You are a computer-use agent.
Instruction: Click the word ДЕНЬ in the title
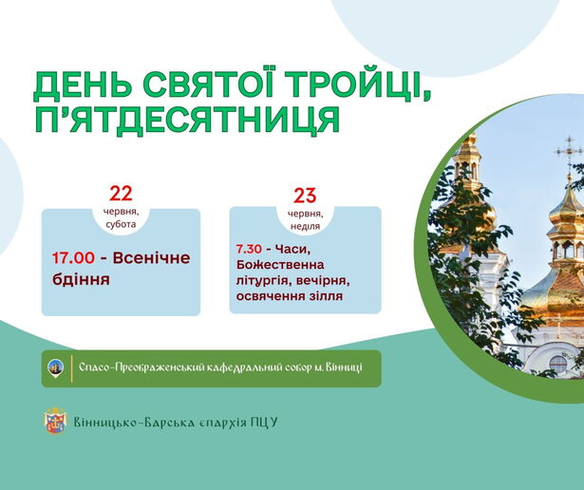pos(83,86)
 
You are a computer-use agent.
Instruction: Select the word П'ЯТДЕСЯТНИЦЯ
pos(187,119)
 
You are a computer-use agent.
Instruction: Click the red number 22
pos(121,194)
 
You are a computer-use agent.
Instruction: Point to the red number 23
pos(305,196)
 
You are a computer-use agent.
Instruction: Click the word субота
pos(121,224)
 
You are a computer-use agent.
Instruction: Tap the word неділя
pos(305,226)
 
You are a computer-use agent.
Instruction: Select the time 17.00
pos(73,258)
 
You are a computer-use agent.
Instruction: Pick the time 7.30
pos(249,249)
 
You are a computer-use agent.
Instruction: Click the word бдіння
pos(81,279)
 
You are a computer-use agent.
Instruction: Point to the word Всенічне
pos(151,258)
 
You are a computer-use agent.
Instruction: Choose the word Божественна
pos(280,265)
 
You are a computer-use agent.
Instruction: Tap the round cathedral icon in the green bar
pos(56,367)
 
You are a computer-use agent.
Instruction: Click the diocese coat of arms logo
pos(55,421)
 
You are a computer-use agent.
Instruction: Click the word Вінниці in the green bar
pos(344,367)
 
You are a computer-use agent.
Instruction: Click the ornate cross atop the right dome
pos(569,152)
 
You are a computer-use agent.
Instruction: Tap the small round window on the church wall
pos(558,364)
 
